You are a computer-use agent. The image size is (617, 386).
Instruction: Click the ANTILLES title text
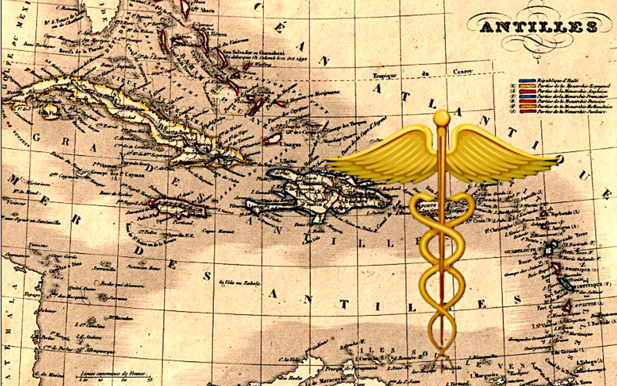538,27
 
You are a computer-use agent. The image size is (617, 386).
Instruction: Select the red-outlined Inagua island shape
273,138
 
